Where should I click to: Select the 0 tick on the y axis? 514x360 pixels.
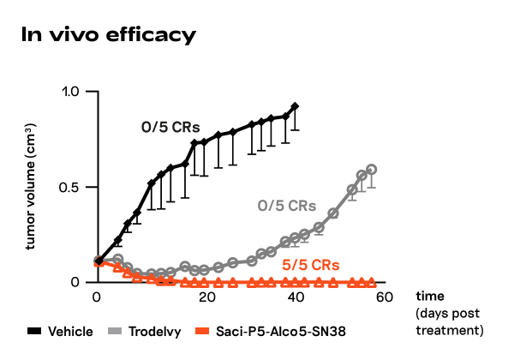(75, 282)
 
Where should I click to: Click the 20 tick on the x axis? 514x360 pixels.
(197, 297)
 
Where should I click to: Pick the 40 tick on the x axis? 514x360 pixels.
(296, 297)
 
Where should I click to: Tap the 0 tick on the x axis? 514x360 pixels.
(98, 297)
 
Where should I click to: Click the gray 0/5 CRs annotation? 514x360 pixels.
(287, 207)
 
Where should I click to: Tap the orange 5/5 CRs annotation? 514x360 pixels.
(310, 263)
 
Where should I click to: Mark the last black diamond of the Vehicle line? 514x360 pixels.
(296, 106)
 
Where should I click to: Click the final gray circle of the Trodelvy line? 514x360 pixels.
(372, 170)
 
